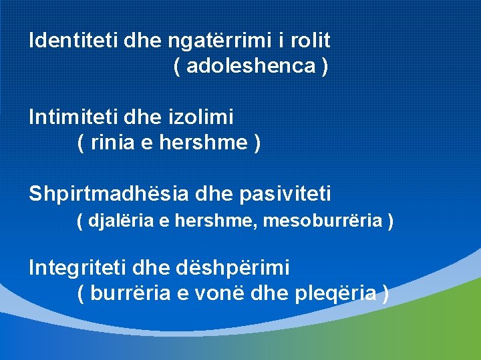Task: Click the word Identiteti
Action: [73, 40]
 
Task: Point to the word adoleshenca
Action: [252, 66]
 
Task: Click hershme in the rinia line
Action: [202, 143]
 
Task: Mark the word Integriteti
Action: [78, 268]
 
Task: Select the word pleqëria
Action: [334, 293]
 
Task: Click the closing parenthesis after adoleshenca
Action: [324, 66]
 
